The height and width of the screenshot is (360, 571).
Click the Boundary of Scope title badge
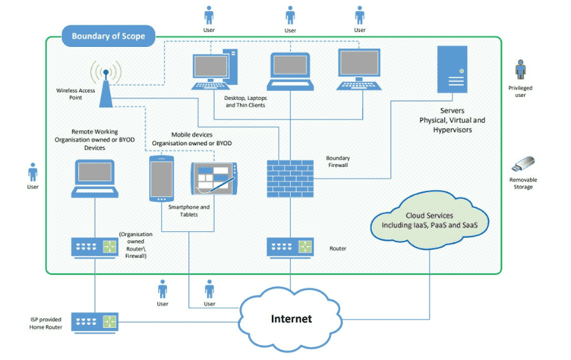click(x=109, y=36)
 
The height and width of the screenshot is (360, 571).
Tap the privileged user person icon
click(x=520, y=71)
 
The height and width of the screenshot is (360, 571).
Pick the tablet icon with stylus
click(x=213, y=182)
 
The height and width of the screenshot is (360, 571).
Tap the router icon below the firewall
click(x=289, y=247)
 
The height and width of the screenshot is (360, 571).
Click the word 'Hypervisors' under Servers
click(x=453, y=131)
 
